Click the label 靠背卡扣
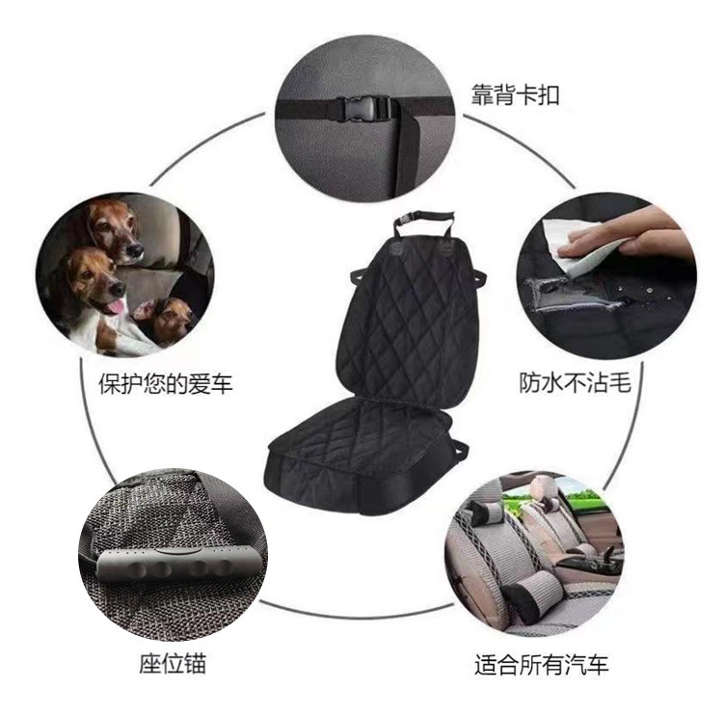[x=515, y=96]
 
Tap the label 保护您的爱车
[x=166, y=384]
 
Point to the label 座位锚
[x=172, y=664]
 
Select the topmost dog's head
[x=114, y=228]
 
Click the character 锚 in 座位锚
[x=193, y=664]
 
